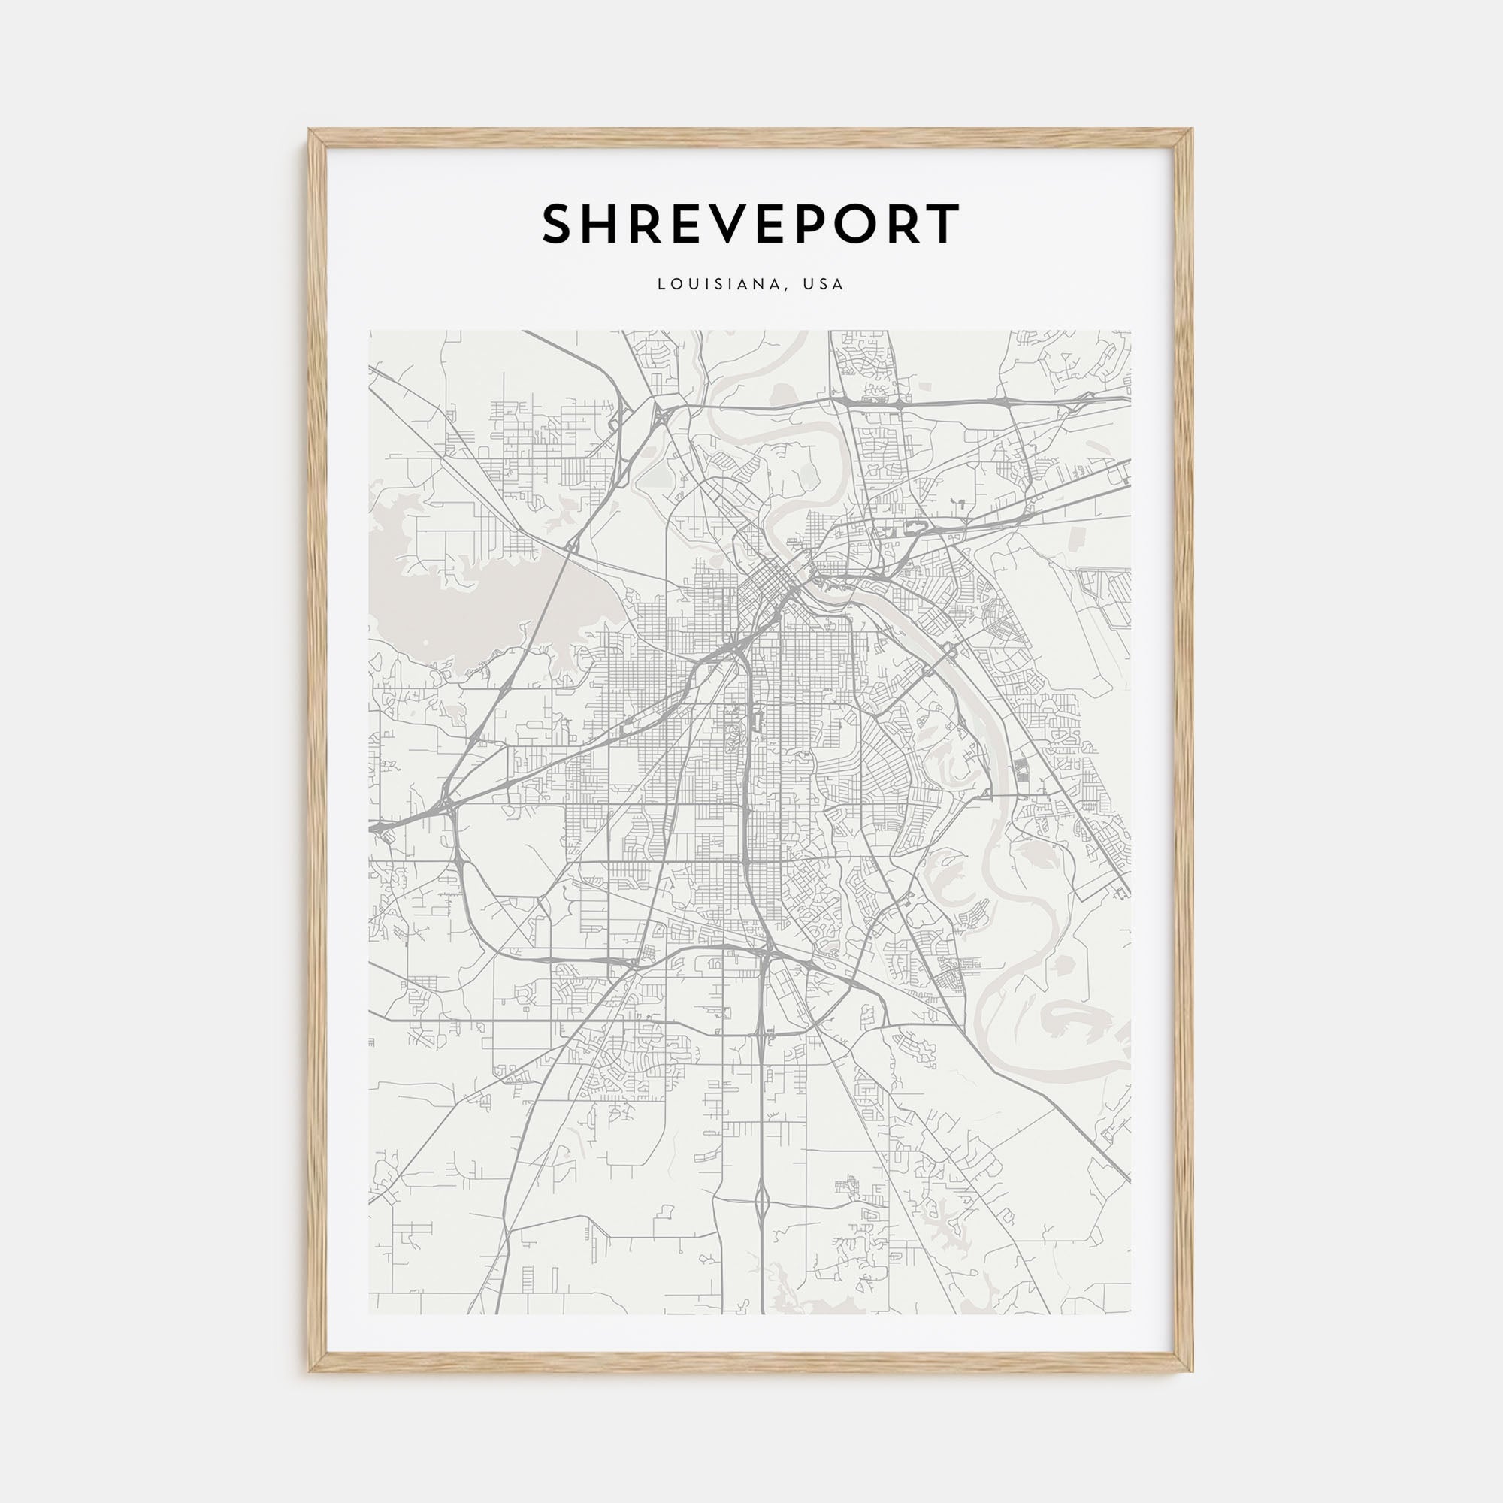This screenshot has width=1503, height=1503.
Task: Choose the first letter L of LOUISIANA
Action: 662,285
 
